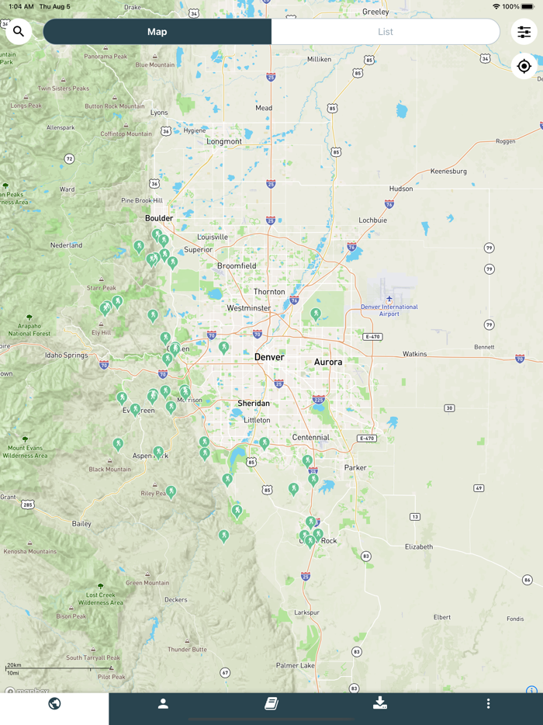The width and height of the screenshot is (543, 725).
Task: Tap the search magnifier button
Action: [x=19, y=32]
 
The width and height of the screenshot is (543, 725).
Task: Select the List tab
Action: [x=386, y=32]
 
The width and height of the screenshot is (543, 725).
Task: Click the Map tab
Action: [x=157, y=32]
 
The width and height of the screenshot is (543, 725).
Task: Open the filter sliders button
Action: [x=524, y=32]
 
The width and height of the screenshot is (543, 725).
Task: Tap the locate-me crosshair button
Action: [x=524, y=67]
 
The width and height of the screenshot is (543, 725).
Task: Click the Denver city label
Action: [x=269, y=357]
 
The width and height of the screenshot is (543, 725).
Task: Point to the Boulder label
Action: [x=159, y=218]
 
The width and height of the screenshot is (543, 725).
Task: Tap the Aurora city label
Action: [x=328, y=362]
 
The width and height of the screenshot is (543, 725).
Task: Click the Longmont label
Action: [x=224, y=141]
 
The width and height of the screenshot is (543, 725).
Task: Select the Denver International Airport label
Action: [x=389, y=310]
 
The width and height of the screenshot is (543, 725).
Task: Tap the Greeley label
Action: [x=375, y=12]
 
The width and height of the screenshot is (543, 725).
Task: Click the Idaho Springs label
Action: [x=67, y=355]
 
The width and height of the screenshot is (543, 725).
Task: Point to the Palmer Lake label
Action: [x=296, y=665]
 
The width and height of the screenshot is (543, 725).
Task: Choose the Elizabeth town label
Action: [x=419, y=546]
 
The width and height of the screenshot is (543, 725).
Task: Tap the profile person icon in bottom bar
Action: [x=163, y=704]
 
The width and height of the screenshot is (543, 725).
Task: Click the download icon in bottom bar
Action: [x=379, y=703]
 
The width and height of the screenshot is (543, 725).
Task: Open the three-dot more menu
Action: [x=488, y=704]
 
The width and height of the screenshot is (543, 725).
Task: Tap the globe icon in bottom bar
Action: [x=54, y=704]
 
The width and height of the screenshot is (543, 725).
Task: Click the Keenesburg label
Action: [x=448, y=171]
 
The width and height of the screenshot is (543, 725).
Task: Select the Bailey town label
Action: [x=81, y=524]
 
